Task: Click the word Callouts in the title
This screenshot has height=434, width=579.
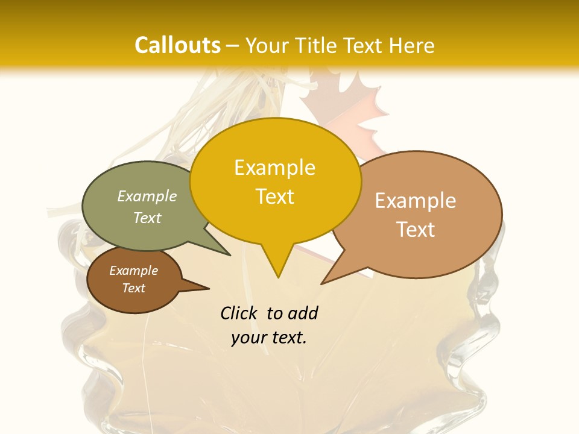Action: click(x=177, y=45)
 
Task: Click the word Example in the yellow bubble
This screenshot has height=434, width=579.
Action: click(x=274, y=168)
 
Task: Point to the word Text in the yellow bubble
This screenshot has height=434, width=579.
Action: click(x=274, y=197)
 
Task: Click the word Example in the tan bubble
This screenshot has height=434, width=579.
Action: click(x=416, y=201)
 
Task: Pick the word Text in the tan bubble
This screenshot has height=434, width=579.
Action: click(x=416, y=230)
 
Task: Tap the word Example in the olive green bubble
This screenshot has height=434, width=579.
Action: click(x=147, y=196)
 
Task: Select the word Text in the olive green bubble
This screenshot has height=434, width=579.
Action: click(x=147, y=218)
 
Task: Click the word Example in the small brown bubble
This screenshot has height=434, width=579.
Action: click(x=134, y=271)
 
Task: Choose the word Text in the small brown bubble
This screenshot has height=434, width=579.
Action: click(x=134, y=288)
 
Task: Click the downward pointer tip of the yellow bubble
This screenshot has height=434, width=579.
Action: click(x=278, y=277)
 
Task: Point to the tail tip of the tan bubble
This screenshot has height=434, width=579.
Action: click(x=322, y=283)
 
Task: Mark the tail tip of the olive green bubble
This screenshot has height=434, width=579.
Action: click(x=230, y=255)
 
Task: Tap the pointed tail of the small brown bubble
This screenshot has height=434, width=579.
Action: click(x=208, y=288)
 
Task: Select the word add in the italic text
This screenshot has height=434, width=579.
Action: click(x=302, y=313)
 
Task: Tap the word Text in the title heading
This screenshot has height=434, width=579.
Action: click(x=362, y=45)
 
